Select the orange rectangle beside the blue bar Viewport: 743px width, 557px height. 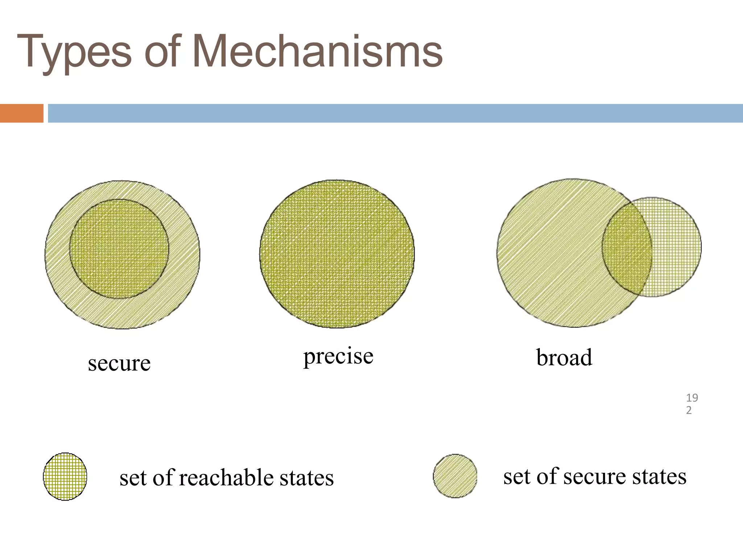[21, 113]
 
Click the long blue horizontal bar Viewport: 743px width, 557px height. [395, 113]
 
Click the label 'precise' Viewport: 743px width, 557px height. [338, 356]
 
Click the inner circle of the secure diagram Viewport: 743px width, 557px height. [119, 249]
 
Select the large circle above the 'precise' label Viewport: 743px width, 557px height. [337, 254]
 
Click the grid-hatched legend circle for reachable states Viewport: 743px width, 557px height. [65, 476]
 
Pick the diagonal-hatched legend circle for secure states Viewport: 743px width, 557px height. [455, 476]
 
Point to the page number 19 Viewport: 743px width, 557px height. [692, 398]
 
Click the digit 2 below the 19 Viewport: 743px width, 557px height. [689, 410]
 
